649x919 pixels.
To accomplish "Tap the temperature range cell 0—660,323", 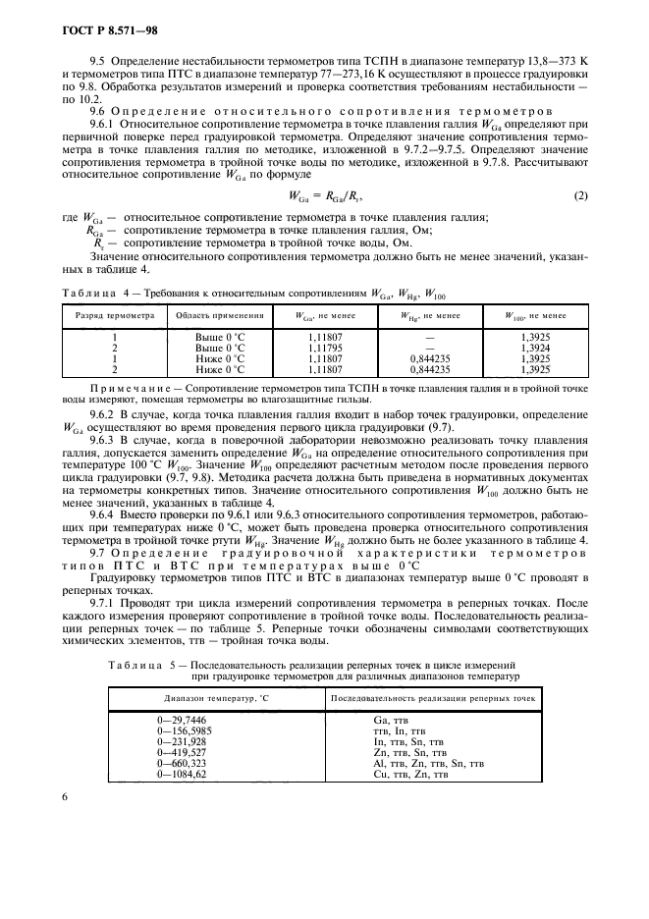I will pos(181,763).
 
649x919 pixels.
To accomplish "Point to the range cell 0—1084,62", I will pos(181,774).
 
